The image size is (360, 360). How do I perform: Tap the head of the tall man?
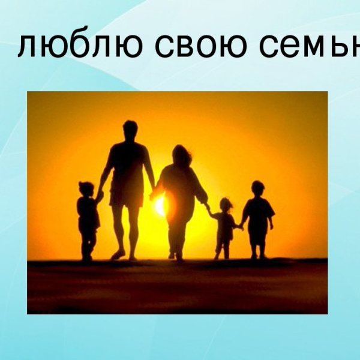tap(130, 128)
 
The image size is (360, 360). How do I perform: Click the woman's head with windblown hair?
tap(181, 155)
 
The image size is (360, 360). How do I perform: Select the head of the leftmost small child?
tap(86, 188)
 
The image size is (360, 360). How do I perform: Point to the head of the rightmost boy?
tap(258, 188)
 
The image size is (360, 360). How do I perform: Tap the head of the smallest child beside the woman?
tap(226, 205)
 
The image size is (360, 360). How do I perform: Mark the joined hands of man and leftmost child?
tap(100, 196)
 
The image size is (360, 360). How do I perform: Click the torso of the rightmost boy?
tap(258, 213)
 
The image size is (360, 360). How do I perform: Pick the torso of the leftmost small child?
tap(88, 213)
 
